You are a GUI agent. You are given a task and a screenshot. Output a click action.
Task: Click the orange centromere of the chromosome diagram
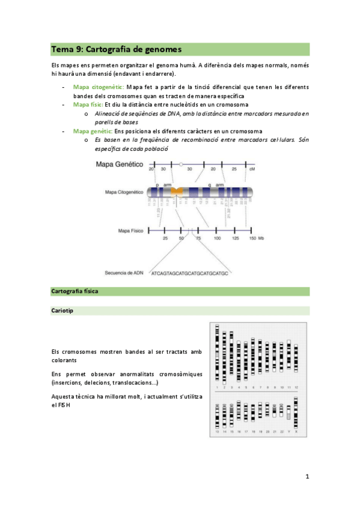[x=177, y=192]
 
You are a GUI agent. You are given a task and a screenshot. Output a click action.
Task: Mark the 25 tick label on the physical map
[x=165, y=239]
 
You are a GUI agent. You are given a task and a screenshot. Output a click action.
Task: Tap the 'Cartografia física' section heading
[x=75, y=292]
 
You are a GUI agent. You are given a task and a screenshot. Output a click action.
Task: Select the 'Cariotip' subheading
[x=63, y=311]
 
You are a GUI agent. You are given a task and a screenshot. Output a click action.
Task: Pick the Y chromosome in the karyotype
[x=288, y=414]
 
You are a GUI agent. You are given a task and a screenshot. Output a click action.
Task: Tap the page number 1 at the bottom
[x=307, y=477]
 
